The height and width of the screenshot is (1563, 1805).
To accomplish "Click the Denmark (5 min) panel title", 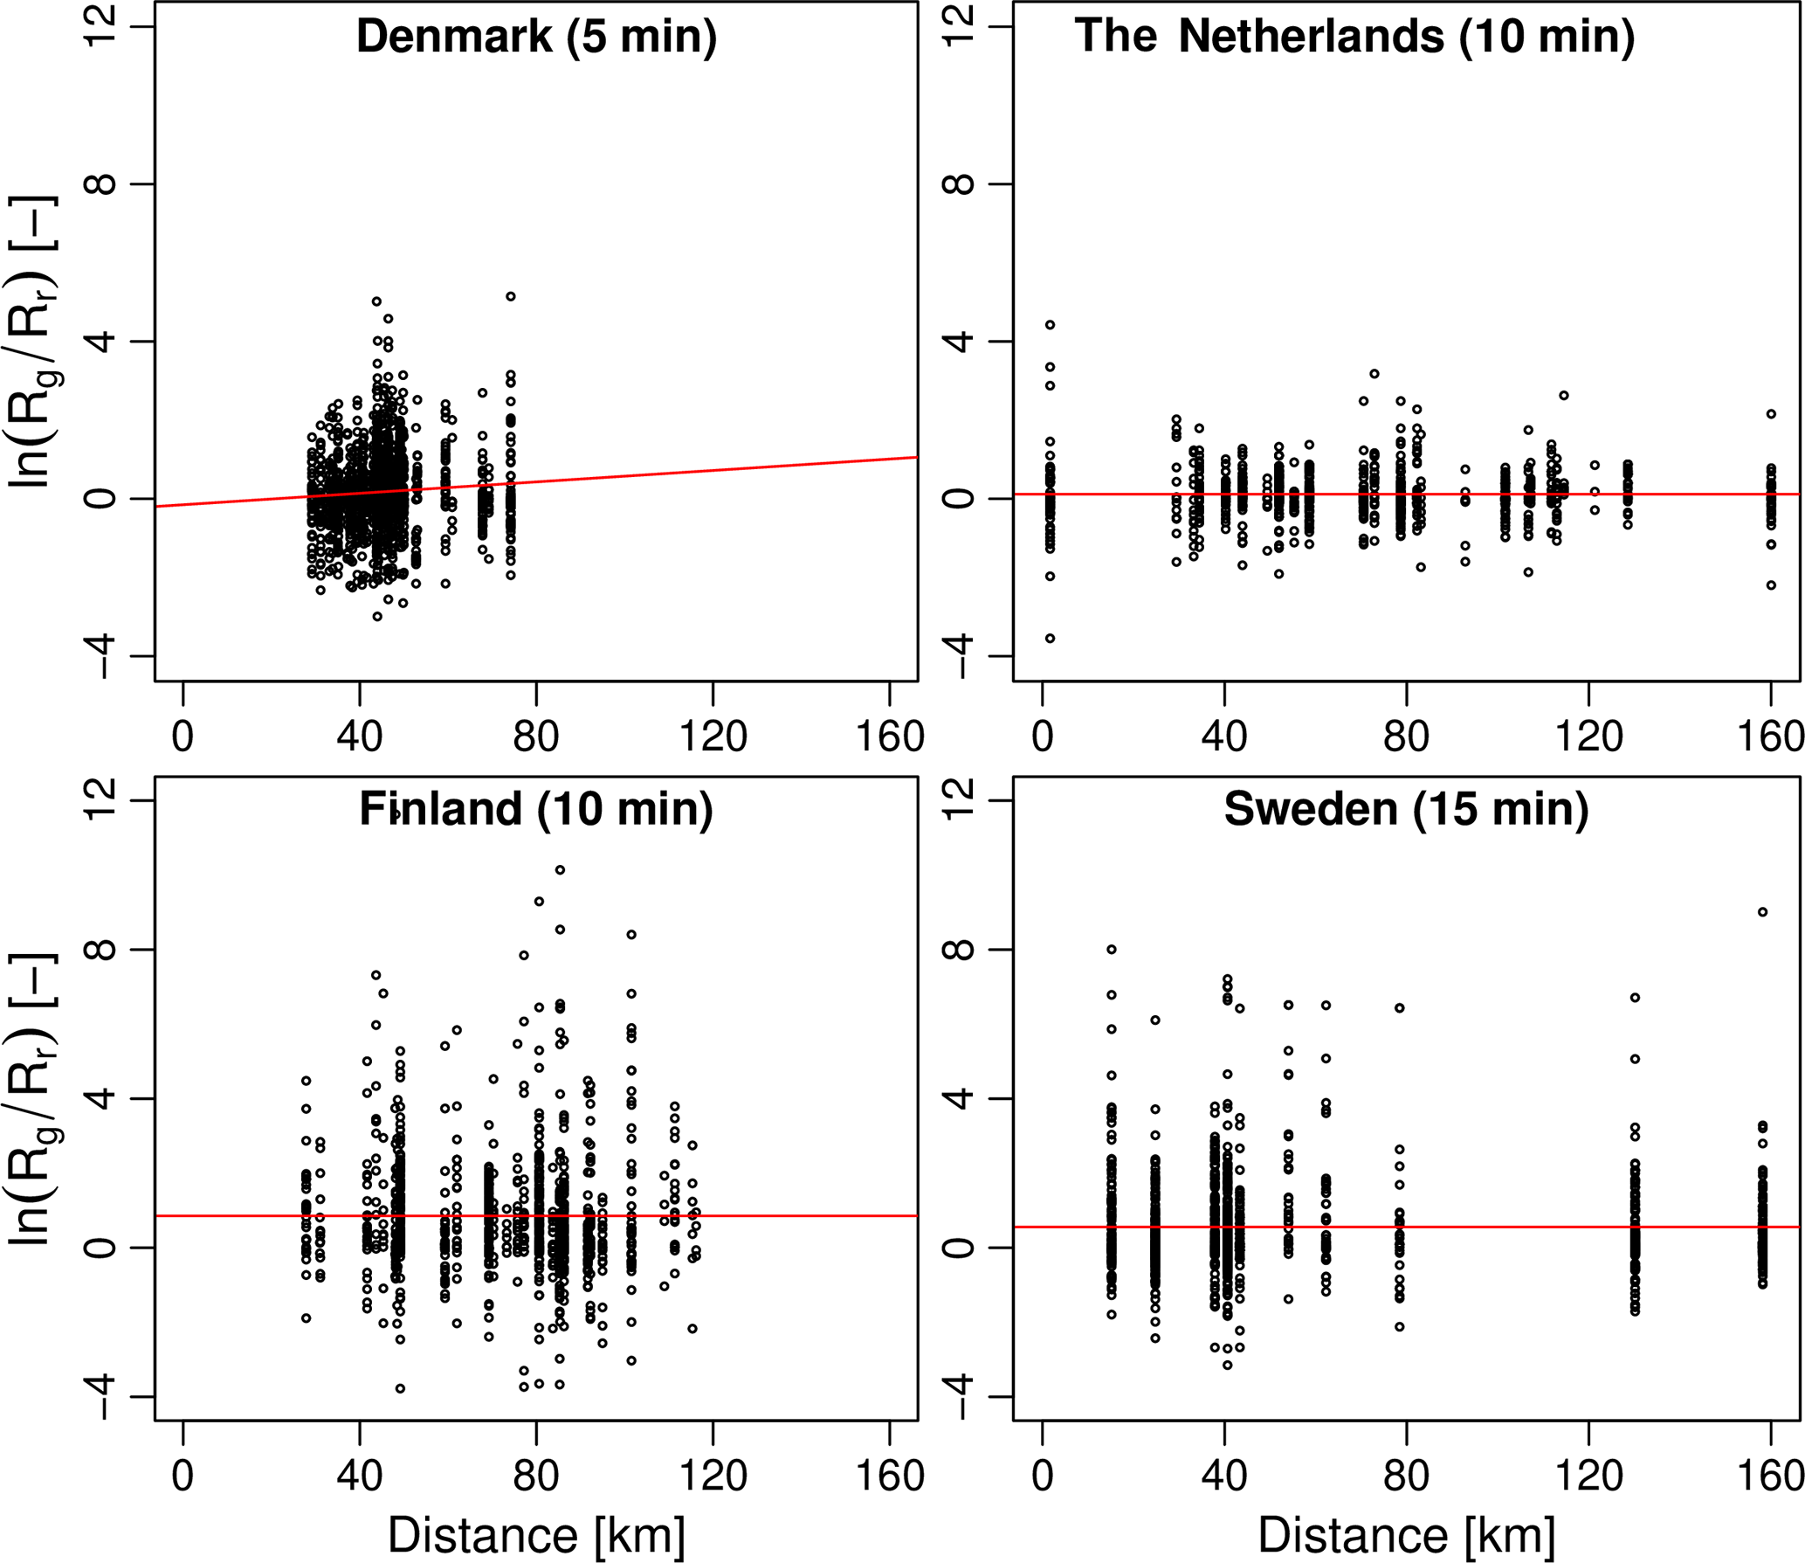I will (x=536, y=37).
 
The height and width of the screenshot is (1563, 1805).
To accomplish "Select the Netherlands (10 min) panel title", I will (x=1354, y=37).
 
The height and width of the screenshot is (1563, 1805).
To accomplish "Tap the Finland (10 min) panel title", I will (x=536, y=809).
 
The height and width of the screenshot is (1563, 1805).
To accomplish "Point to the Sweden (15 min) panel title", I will (x=1406, y=809).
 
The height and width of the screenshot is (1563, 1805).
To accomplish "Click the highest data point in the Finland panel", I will (x=560, y=870).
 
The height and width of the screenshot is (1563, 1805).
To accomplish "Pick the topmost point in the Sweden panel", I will (x=1762, y=912).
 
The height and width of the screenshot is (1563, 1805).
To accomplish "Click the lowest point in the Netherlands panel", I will (x=1050, y=639).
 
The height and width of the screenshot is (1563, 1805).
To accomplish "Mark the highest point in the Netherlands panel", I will (x=1050, y=325).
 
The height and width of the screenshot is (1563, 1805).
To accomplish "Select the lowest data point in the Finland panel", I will (x=400, y=1389).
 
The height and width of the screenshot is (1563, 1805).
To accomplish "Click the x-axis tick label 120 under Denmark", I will (x=713, y=737).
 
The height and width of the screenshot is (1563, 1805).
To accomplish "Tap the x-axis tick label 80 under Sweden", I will (x=1406, y=1477).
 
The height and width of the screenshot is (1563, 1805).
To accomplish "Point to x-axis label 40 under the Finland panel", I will (x=359, y=1477).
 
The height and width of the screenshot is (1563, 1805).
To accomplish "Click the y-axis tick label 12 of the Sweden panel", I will (x=959, y=800).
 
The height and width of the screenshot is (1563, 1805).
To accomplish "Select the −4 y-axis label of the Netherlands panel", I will (x=959, y=657).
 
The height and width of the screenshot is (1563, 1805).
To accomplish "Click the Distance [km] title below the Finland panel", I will (x=536, y=1535).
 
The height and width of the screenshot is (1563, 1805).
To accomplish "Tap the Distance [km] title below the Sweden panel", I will (x=1406, y=1535).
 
